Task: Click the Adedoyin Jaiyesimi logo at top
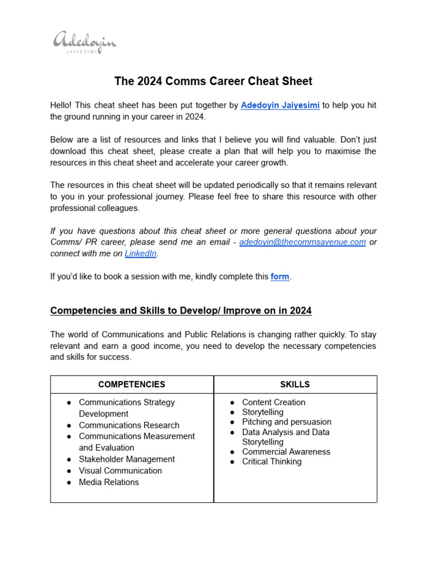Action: pos(85,43)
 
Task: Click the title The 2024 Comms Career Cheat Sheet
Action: pos(213,81)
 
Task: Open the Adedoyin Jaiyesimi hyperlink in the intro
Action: pos(280,106)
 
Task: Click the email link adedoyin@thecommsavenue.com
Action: pos(302,242)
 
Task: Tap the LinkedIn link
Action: pos(141,253)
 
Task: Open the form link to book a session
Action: pos(280,276)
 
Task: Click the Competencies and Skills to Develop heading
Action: pos(181,311)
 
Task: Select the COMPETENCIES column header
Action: pos(132,385)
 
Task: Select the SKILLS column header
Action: pos(295,385)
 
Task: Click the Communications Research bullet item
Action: pos(129,425)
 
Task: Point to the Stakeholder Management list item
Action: pos(127,459)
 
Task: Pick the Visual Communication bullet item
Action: pos(120,471)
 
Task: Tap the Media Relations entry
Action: pos(109,482)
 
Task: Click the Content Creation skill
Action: pos(274,402)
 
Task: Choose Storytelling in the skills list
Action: pos(262,412)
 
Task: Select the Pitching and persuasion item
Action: pos(286,422)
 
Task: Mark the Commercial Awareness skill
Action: pos(286,452)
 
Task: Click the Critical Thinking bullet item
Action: pos(272,462)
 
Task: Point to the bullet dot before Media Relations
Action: pos(68,482)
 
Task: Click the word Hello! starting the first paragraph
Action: pos(61,106)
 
